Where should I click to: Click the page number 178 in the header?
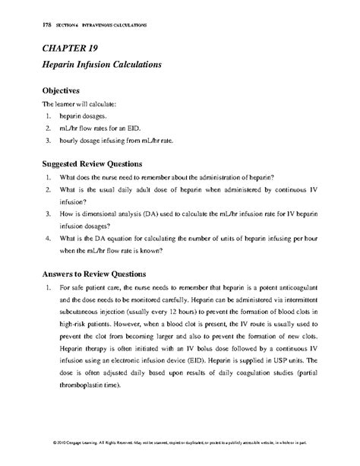[30, 25]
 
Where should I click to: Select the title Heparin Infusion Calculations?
[101, 66]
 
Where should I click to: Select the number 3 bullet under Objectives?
[48, 141]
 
